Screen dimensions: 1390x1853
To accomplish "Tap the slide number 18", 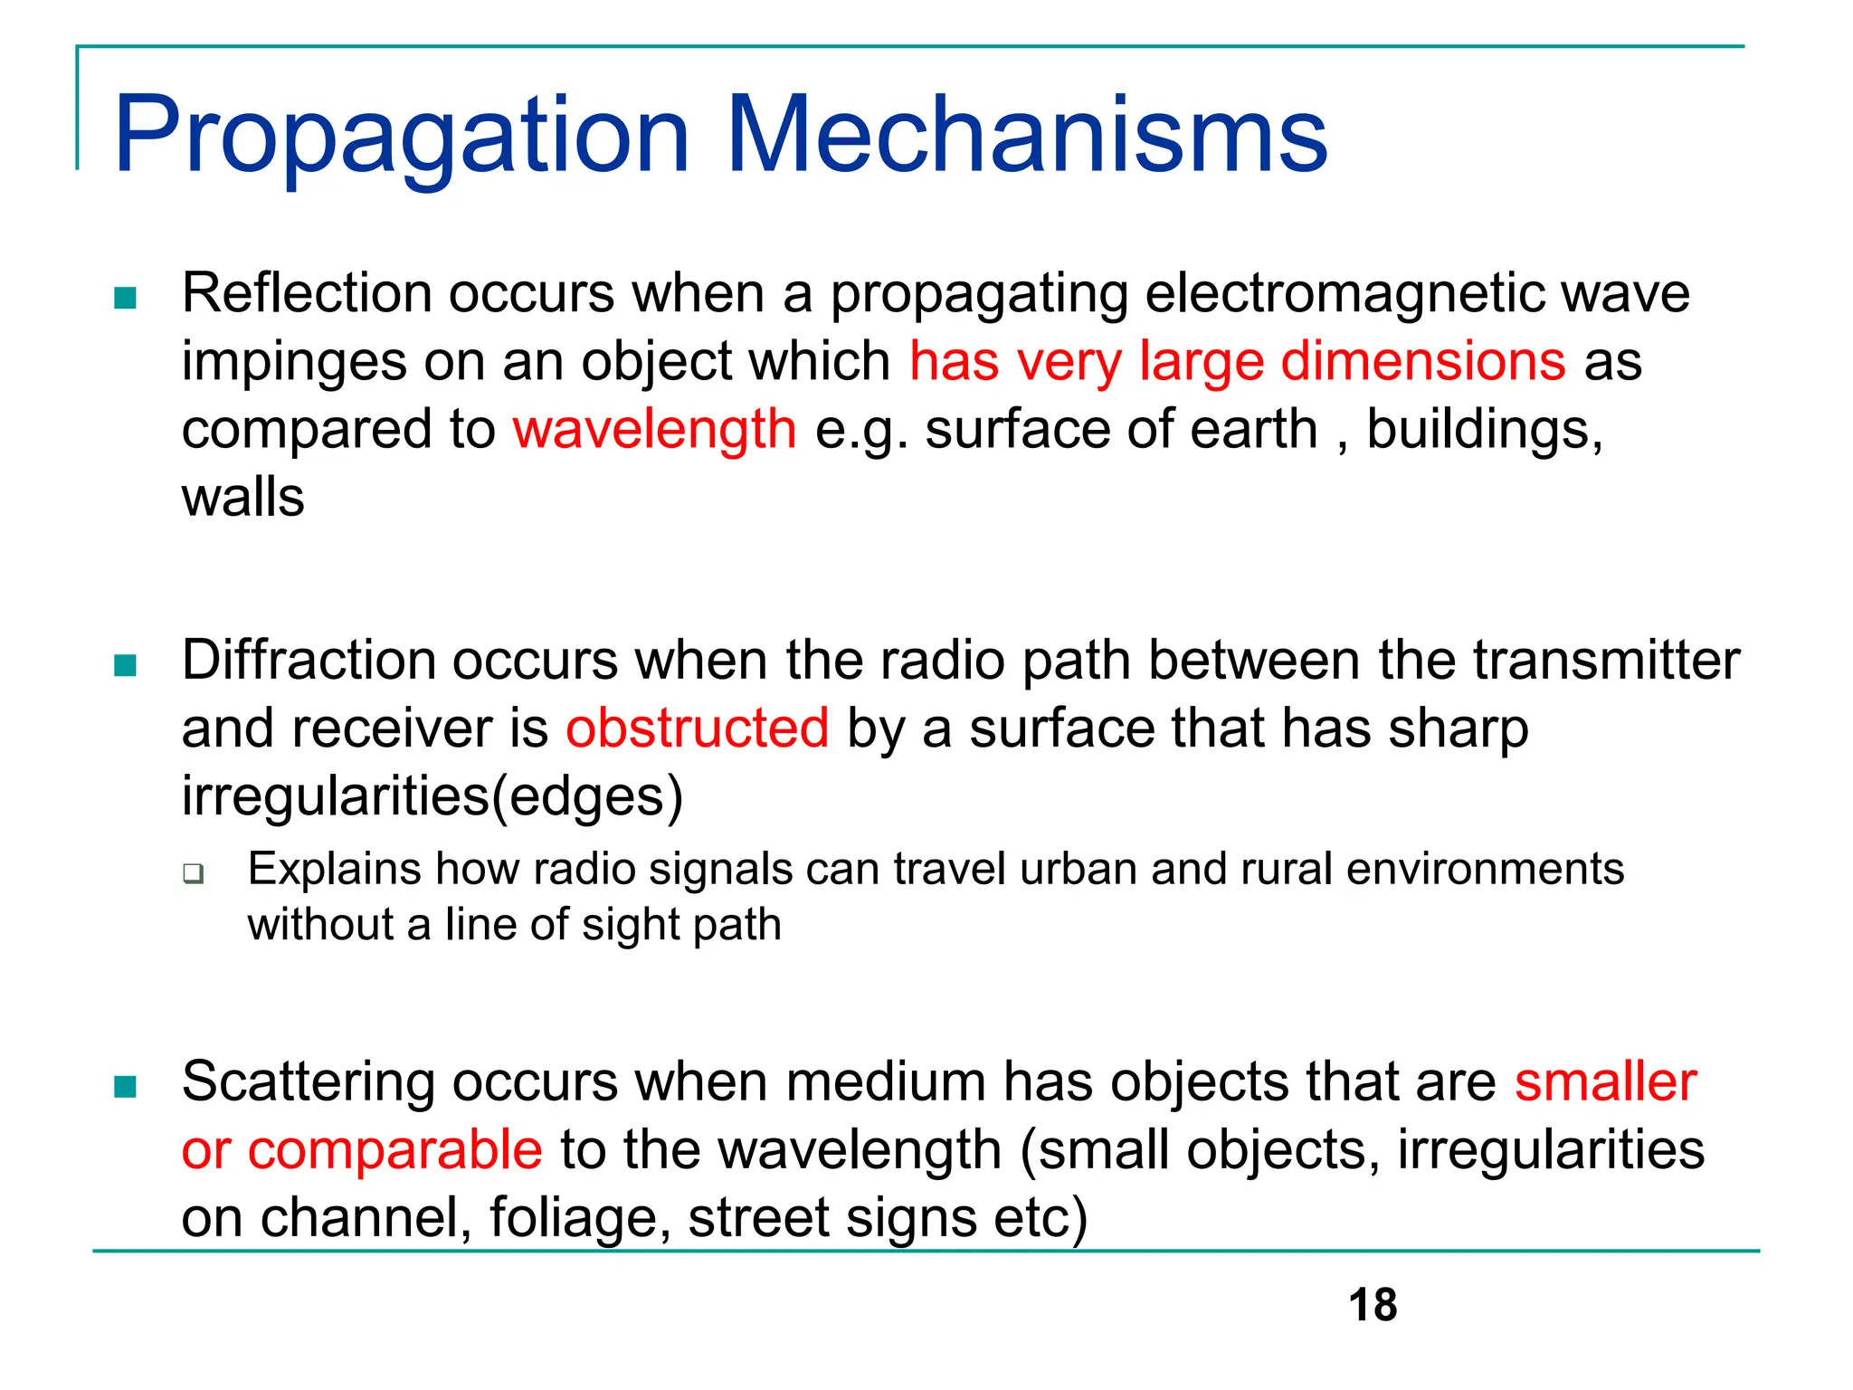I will point(1372,1305).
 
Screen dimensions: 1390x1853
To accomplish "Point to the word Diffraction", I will point(309,660).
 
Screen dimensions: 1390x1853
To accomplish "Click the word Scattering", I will point(308,1081).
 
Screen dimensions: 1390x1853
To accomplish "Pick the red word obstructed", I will point(697,728).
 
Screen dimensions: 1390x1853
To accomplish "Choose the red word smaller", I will point(1605,1081).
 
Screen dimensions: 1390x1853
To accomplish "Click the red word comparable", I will point(394,1150).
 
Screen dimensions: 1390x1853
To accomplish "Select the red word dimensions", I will point(1422,361).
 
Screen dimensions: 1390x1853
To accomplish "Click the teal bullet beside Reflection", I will point(126,298).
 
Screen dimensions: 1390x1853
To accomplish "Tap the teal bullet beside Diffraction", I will point(126,666).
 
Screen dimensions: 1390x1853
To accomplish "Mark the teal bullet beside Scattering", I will point(126,1086).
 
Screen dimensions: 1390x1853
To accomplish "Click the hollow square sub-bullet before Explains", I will point(193,873).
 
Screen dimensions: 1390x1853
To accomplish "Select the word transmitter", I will point(1606,660).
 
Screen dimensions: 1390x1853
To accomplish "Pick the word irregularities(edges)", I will point(432,796).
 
